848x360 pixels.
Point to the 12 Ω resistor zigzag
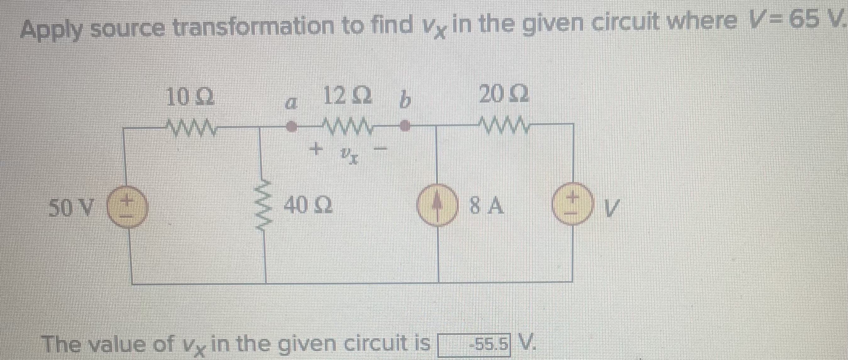[x=348, y=126]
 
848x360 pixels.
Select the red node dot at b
[x=405, y=126]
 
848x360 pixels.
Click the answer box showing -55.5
[x=474, y=345]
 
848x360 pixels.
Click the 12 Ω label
[x=347, y=97]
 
